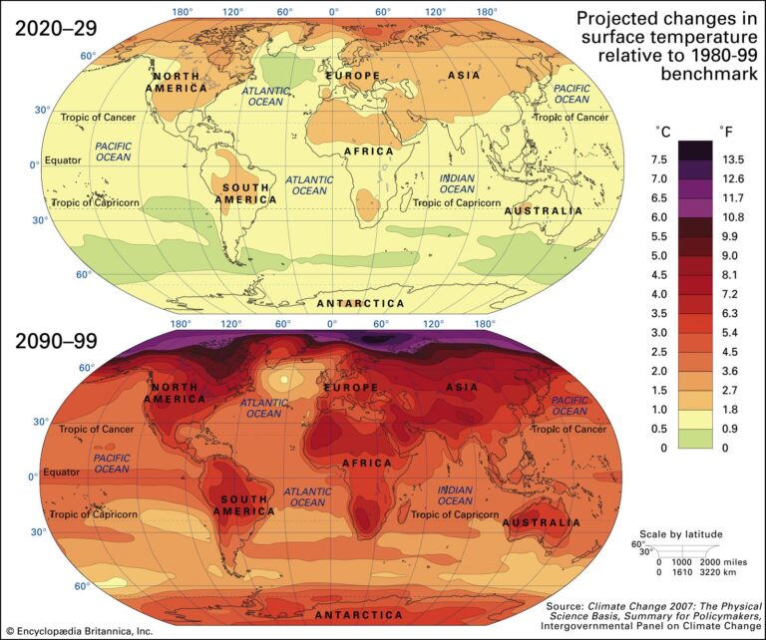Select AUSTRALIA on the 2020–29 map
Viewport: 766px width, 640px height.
pos(544,211)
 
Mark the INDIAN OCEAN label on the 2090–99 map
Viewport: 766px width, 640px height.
pos(456,495)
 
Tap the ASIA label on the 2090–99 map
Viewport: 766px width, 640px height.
pos(463,386)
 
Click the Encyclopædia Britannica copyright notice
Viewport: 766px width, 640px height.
pos(80,631)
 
